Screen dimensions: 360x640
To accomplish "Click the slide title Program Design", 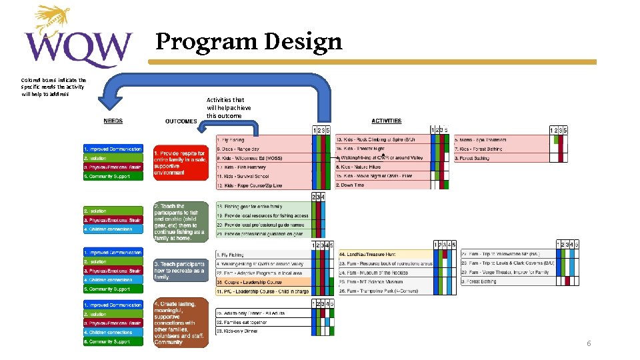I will point(249,42).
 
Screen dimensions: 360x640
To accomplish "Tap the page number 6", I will point(589,343).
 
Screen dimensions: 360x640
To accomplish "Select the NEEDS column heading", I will point(113,121).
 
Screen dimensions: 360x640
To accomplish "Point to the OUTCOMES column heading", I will point(181,121).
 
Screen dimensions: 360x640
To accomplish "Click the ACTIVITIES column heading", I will point(387,121).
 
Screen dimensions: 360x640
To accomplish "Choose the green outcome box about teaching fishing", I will point(180,222).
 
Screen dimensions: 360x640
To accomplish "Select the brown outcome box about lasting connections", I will point(180,323).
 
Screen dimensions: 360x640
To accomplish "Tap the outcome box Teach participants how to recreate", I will point(180,270).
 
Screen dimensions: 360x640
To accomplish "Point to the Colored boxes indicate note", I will point(53,86).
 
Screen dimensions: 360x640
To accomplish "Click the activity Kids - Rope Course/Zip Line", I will point(251,185).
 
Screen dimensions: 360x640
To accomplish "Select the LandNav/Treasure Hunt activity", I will point(368,254).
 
